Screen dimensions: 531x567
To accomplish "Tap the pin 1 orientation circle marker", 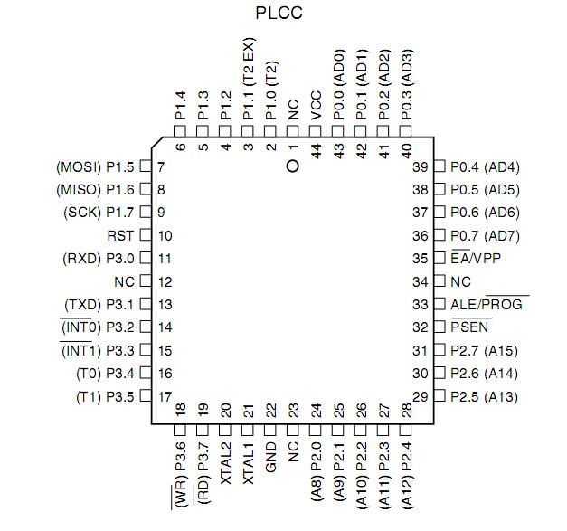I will (291, 166).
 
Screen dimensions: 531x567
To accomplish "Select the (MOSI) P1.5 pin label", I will (95, 167).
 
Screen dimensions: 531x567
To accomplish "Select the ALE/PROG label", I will (489, 305).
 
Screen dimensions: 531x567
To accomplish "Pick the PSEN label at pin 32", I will (470, 327).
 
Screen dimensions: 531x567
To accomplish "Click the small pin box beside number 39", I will (439, 167).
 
